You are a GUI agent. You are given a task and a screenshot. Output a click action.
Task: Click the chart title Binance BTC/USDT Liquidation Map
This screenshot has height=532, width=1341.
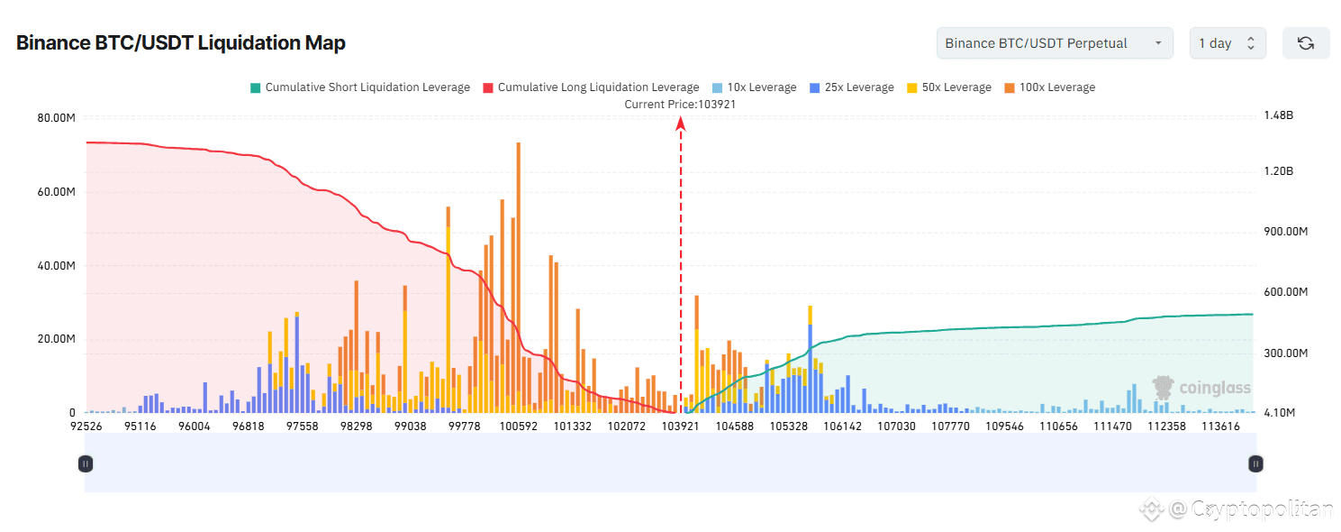(181, 42)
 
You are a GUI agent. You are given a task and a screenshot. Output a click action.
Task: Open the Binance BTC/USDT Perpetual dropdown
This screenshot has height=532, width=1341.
(1054, 43)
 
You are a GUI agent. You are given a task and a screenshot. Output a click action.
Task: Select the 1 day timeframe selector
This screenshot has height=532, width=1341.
(1227, 43)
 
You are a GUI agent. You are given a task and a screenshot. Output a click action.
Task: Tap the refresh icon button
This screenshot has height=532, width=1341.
(1305, 43)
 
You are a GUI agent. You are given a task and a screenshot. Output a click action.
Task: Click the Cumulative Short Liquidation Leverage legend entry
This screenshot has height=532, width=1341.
(359, 87)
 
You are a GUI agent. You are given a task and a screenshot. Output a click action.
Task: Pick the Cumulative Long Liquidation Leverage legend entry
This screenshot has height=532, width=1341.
(591, 87)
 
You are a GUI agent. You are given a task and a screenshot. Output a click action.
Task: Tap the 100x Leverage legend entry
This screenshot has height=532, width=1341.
(1049, 87)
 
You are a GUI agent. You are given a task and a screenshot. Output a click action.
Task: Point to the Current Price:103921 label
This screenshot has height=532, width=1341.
(680, 104)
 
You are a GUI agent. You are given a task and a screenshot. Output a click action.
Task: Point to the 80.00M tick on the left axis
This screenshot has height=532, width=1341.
(56, 118)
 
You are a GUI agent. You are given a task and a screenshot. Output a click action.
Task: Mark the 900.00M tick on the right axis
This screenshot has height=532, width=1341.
(1284, 232)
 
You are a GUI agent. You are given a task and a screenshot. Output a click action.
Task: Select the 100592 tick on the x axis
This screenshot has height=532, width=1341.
(519, 426)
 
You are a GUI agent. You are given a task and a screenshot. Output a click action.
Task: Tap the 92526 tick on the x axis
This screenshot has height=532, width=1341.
(87, 426)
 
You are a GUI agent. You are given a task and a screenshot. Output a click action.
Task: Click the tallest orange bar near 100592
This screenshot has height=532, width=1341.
(519, 271)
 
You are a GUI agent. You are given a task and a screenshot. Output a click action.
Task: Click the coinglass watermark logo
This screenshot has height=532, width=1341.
(1201, 388)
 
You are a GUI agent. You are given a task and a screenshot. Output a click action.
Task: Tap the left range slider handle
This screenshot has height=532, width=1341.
(86, 463)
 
